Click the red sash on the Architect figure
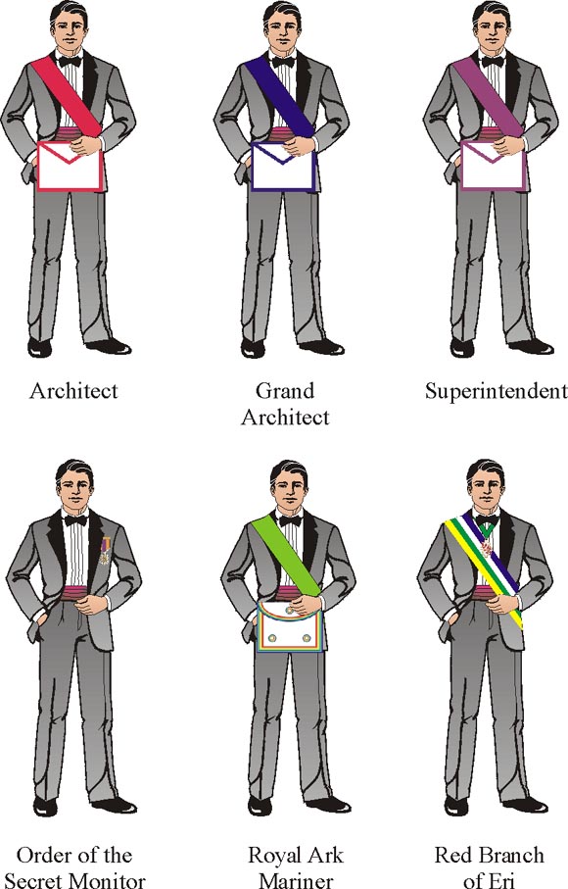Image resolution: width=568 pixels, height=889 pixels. click(66, 96)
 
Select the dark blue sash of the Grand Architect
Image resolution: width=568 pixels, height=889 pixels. click(279, 96)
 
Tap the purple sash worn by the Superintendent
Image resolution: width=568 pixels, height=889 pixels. click(488, 96)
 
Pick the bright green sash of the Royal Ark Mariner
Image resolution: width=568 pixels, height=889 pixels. click(286, 556)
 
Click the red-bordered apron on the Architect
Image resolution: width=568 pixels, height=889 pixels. click(70, 166)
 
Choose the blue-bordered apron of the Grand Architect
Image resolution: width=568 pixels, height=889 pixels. click(283, 166)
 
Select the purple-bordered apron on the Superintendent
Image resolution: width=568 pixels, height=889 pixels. click(493, 166)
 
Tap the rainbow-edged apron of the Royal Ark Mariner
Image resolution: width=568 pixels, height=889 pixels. click(289, 627)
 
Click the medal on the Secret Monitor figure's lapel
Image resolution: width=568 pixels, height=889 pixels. click(105, 551)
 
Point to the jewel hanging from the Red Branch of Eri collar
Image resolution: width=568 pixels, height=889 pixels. click(487, 548)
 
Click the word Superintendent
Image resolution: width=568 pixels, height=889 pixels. click(497, 391)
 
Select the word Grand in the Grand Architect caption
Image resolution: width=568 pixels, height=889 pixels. click(285, 391)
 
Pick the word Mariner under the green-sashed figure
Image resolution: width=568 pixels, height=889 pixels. click(296, 880)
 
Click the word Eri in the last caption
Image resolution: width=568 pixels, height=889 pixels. click(502, 880)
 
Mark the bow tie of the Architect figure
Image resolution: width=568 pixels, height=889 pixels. click(70, 61)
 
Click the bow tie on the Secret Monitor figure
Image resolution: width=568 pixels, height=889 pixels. click(75, 519)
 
